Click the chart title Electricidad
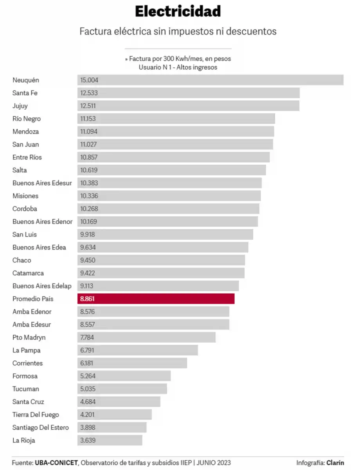pyautogui.click(x=178, y=11)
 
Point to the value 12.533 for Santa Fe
pyautogui.click(x=89, y=93)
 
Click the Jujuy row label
pyautogui.click(x=20, y=106)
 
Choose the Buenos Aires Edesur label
pyautogui.click(x=42, y=183)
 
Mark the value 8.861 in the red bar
pyautogui.click(x=87, y=299)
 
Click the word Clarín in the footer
pyautogui.click(x=335, y=463)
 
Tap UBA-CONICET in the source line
pyautogui.click(x=56, y=463)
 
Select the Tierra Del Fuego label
pyautogui.click(x=36, y=414)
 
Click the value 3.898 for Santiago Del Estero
pyautogui.click(x=88, y=427)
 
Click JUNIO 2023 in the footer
pyautogui.click(x=214, y=463)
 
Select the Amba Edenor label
pyautogui.click(x=32, y=312)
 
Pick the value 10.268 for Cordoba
pyautogui.click(x=89, y=209)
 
